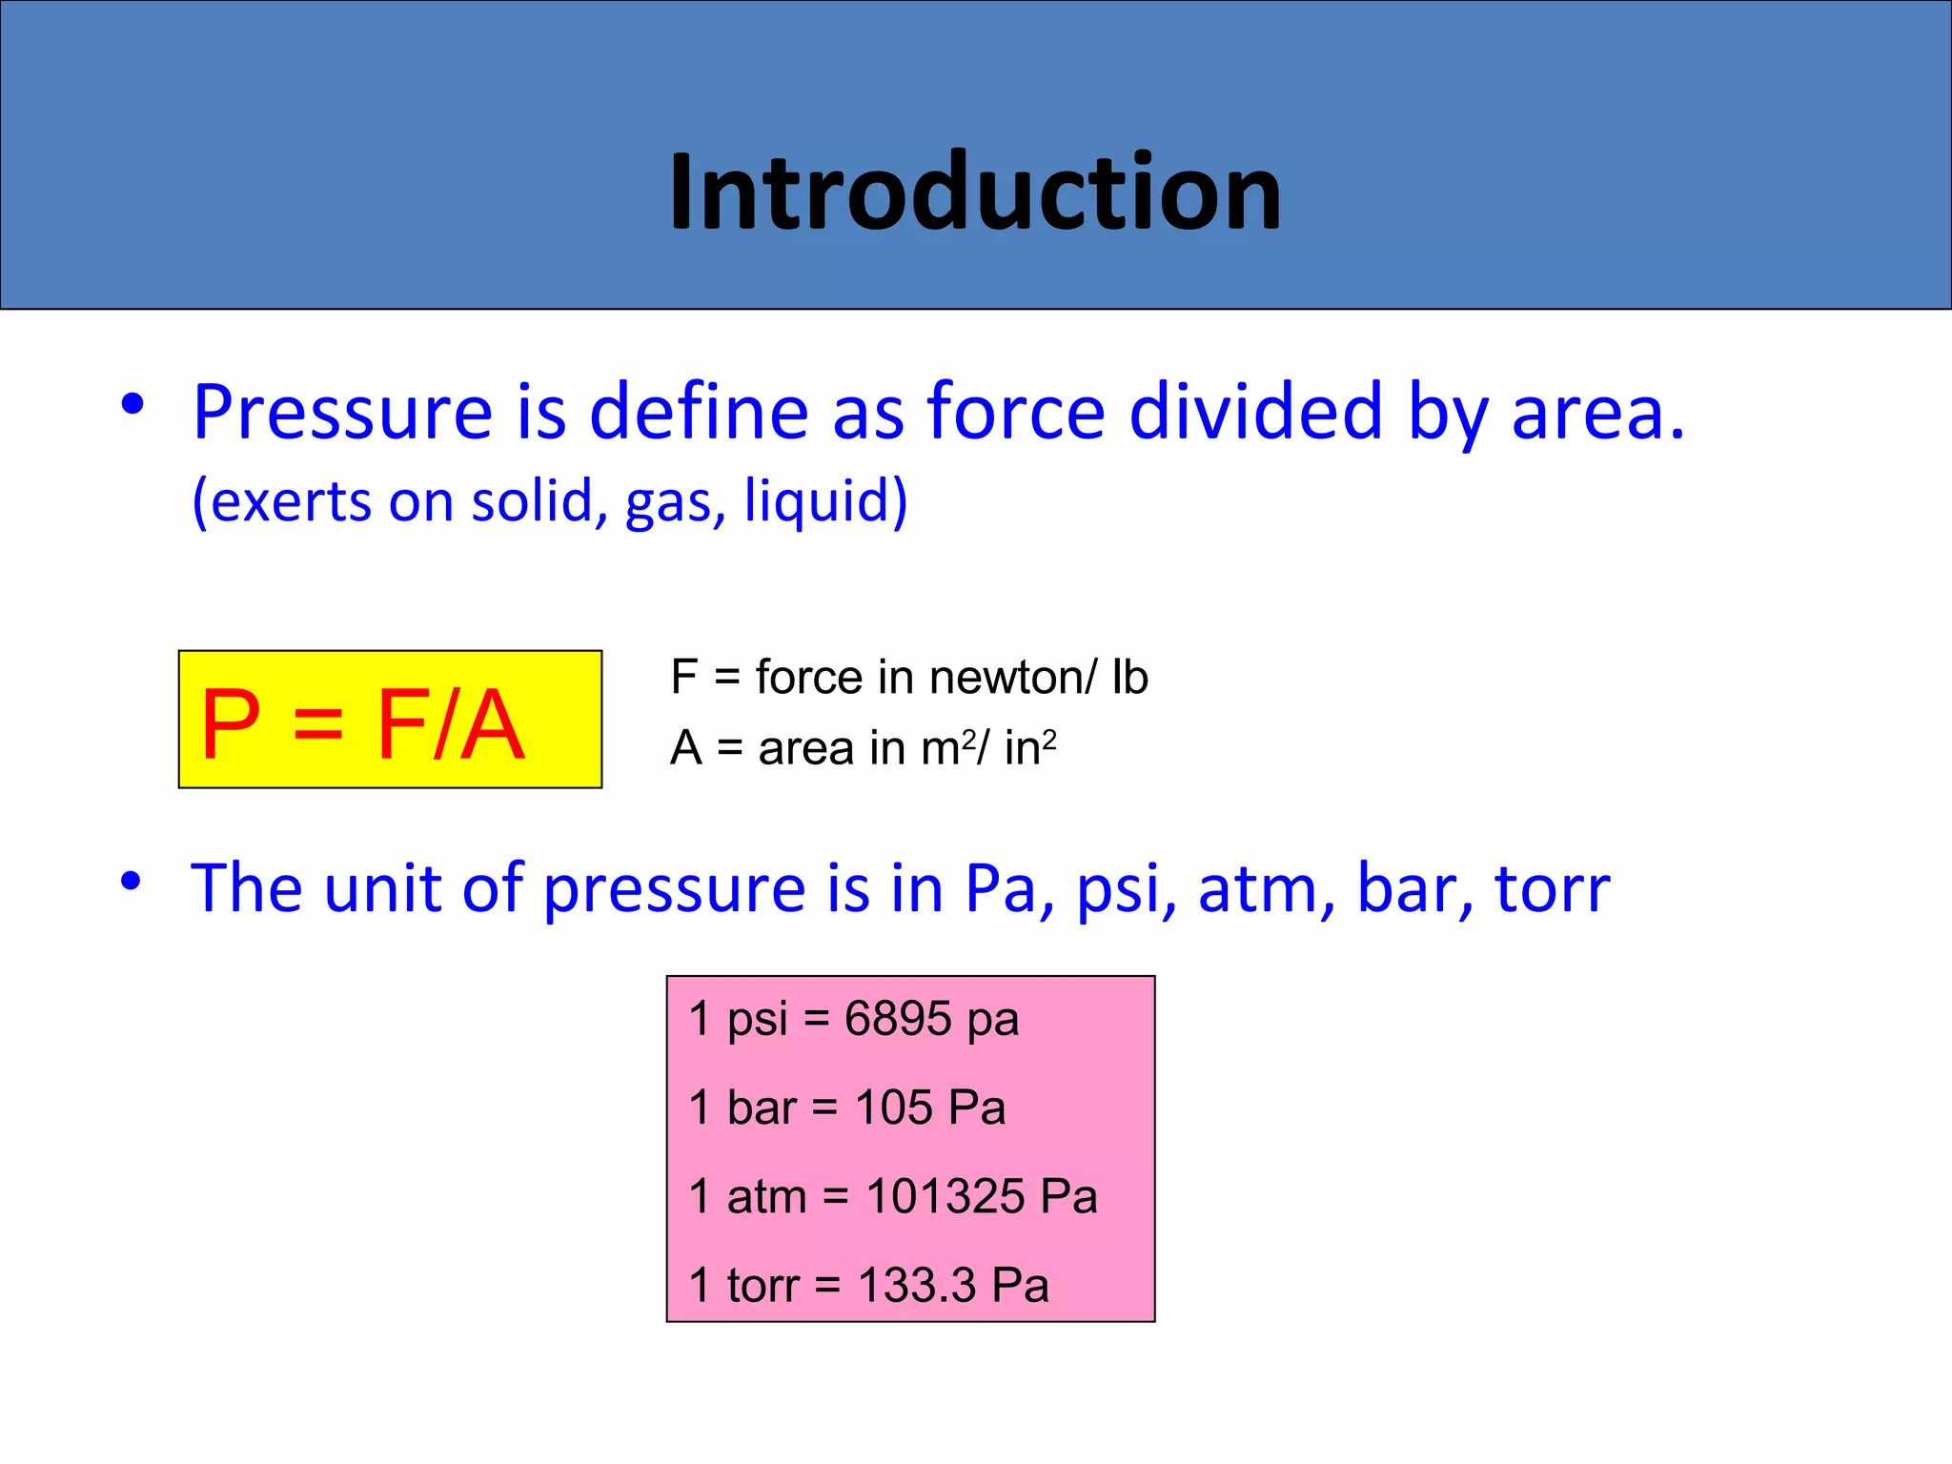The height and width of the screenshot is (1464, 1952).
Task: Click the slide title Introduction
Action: pos(975,193)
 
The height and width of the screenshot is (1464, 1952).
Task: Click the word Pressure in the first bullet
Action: pos(342,413)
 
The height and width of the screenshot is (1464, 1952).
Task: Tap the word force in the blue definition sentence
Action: pos(1016,413)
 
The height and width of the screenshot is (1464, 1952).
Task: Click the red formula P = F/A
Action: pos(363,723)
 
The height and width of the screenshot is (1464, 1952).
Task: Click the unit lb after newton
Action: pos(1130,678)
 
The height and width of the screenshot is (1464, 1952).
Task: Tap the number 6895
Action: pos(898,1019)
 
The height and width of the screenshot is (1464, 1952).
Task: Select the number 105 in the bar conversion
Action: pos(894,1108)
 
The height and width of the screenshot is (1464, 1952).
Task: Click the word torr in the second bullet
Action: pos(1552,889)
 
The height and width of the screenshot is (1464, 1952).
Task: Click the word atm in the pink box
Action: pos(766,1196)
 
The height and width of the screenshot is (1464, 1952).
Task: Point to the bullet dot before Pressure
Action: pos(132,404)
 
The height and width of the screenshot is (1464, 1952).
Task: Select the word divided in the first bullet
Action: pos(1255,413)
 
